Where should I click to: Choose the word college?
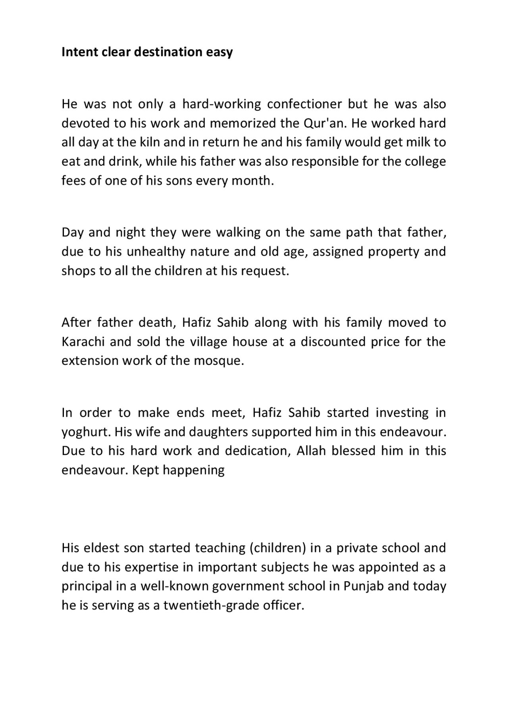[x=425, y=162]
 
